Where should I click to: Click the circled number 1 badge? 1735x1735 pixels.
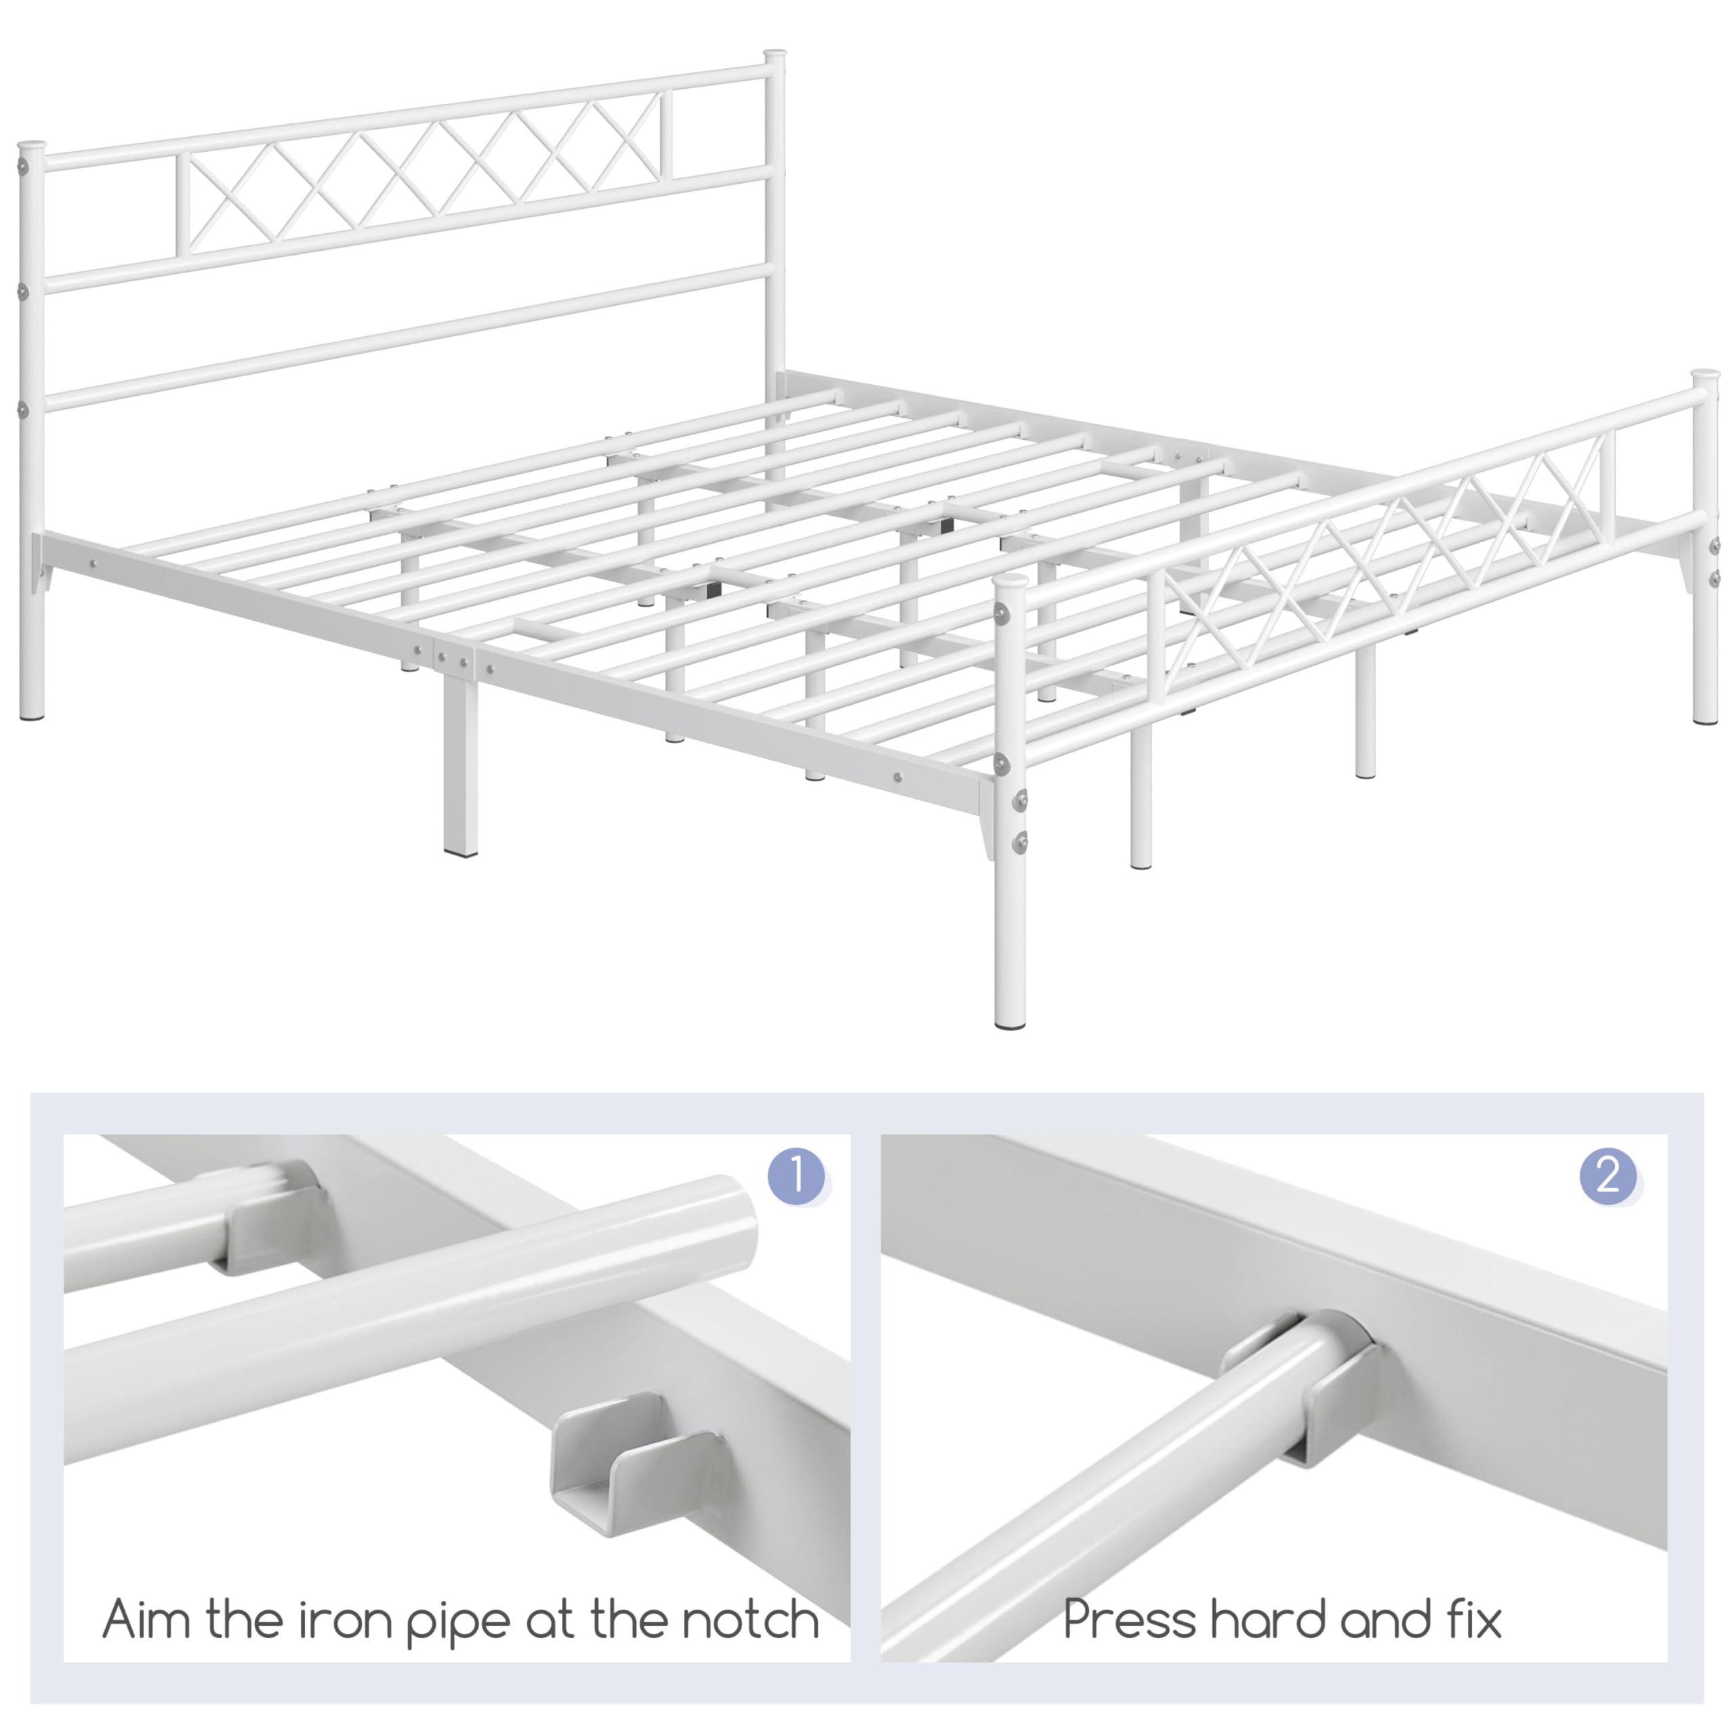796,1177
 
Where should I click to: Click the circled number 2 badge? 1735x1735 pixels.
1608,1177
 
